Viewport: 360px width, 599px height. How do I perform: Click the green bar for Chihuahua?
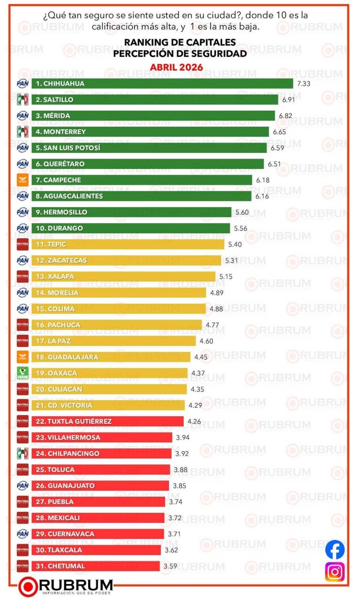click(162, 83)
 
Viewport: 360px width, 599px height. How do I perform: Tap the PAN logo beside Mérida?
click(22, 116)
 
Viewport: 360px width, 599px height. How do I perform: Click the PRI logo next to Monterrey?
click(22, 132)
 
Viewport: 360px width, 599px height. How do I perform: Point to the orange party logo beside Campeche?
click(22, 180)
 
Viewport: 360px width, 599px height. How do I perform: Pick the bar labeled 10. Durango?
click(131, 228)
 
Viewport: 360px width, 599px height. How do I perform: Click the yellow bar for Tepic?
click(128, 244)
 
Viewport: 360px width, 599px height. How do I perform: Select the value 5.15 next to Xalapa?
click(226, 277)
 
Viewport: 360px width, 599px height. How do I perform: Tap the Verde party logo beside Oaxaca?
click(22, 373)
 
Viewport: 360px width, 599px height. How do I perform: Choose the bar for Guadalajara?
click(111, 357)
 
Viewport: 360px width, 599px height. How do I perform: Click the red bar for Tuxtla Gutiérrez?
click(107, 421)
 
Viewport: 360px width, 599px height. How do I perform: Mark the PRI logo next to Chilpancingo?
click(22, 453)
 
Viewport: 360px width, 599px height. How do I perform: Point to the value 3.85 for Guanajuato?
click(180, 486)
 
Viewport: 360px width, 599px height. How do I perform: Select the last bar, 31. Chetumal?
click(96, 566)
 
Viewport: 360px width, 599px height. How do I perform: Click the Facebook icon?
click(335, 550)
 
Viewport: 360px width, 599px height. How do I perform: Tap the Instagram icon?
click(335, 572)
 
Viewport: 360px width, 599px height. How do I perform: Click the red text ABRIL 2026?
click(176, 67)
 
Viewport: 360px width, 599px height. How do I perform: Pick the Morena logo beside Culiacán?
click(22, 389)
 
